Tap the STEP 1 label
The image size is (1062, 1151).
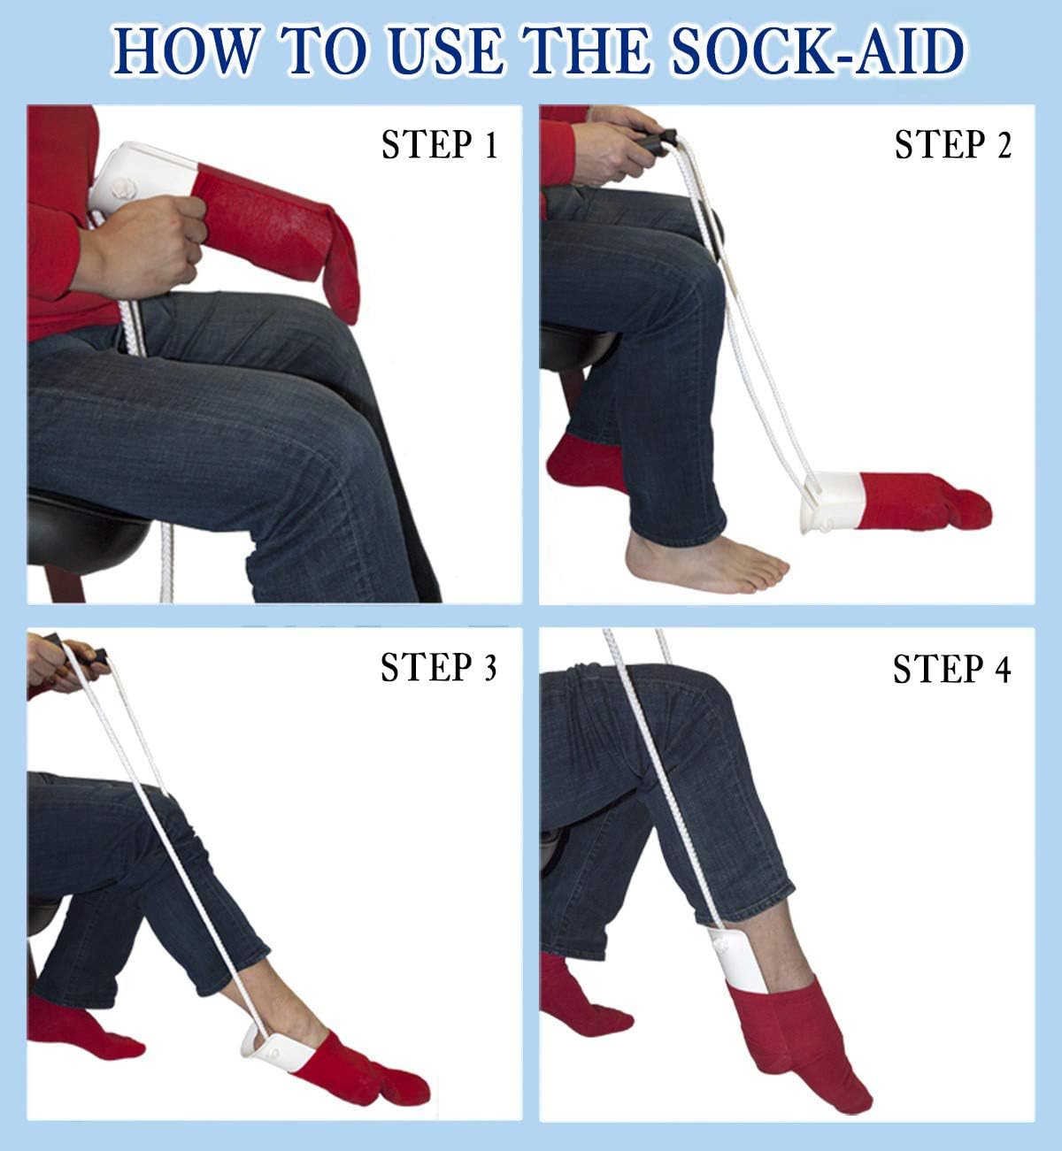click(x=439, y=145)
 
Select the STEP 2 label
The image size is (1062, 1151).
click(x=952, y=145)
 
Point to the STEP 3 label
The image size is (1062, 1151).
click(x=439, y=668)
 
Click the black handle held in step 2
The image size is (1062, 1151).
click(x=659, y=141)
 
